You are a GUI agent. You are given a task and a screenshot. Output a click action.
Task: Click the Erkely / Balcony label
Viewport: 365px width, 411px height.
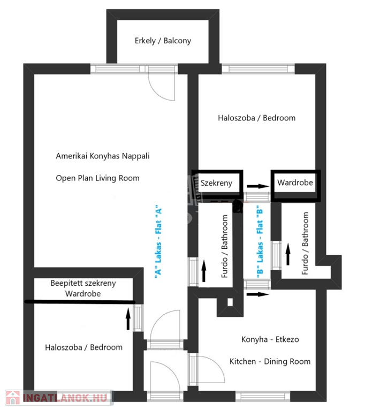(x=163, y=41)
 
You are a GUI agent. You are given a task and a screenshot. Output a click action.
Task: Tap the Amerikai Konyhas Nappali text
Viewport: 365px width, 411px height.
(x=103, y=156)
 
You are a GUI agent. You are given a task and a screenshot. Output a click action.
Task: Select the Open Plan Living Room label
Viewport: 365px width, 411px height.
(x=97, y=178)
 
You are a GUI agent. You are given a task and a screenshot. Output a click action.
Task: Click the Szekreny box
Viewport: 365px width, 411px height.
(x=217, y=183)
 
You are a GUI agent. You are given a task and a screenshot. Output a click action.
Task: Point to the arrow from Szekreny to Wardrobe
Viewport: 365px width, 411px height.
(x=258, y=186)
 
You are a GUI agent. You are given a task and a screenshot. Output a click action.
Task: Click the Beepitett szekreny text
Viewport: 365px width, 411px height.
(x=83, y=283)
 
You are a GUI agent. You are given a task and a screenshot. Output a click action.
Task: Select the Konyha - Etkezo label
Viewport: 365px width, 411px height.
(x=270, y=339)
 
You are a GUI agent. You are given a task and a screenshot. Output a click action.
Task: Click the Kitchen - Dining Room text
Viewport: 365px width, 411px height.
(x=270, y=361)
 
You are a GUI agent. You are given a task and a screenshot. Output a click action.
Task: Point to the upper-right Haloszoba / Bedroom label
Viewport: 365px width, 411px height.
(x=257, y=118)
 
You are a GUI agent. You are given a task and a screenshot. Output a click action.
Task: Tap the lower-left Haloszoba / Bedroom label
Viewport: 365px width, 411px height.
(x=83, y=347)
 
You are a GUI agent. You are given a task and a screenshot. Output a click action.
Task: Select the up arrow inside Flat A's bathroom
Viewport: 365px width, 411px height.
(x=204, y=271)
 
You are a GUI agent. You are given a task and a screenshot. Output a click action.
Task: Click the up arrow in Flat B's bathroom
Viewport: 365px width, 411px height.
(x=288, y=254)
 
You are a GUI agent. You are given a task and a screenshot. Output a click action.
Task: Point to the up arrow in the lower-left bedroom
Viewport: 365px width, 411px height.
(x=128, y=319)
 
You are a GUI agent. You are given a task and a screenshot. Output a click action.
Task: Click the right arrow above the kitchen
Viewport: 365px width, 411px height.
(x=258, y=294)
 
